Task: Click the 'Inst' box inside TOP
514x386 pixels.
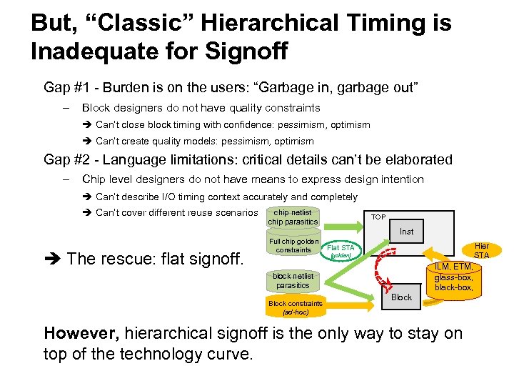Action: [x=406, y=232]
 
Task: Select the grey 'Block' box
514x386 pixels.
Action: [x=401, y=297]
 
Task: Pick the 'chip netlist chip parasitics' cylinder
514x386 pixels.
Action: [x=293, y=217]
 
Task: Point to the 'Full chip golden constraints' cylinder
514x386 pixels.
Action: [x=293, y=247]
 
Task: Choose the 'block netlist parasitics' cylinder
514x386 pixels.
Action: [x=293, y=281]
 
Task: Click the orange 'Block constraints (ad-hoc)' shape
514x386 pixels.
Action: [x=296, y=307]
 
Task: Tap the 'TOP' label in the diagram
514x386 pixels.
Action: [x=378, y=217]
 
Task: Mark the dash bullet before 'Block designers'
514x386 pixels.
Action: [x=65, y=108]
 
